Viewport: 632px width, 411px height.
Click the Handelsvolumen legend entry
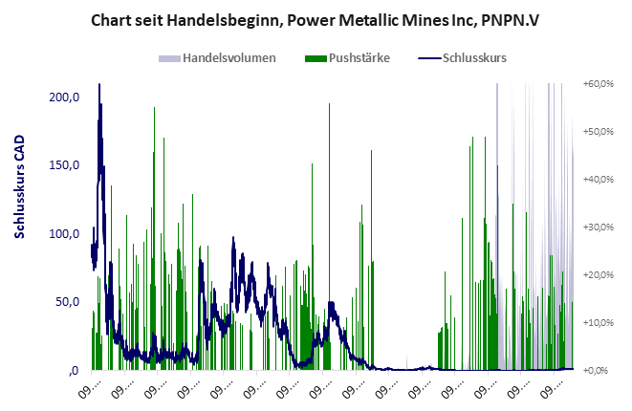click(x=229, y=57)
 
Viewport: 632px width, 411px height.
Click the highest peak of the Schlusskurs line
click(x=99, y=111)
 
